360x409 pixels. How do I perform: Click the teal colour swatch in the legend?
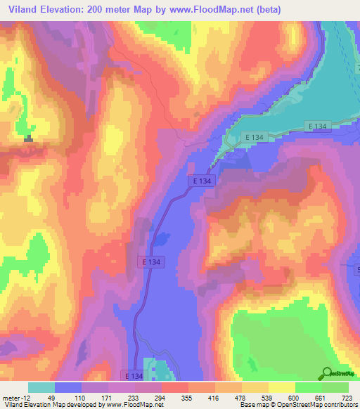point(41,387)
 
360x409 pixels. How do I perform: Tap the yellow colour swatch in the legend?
point(282,387)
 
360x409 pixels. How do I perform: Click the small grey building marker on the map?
point(28,139)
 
